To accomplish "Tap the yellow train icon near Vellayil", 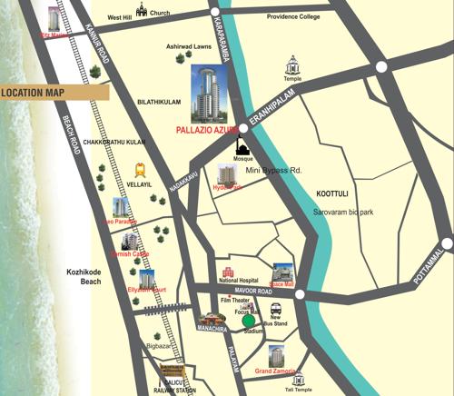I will click(141, 169).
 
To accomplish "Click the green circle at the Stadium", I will click(248, 321).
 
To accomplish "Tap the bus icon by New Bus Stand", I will click(275, 309).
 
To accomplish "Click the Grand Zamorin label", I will click(276, 371).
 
